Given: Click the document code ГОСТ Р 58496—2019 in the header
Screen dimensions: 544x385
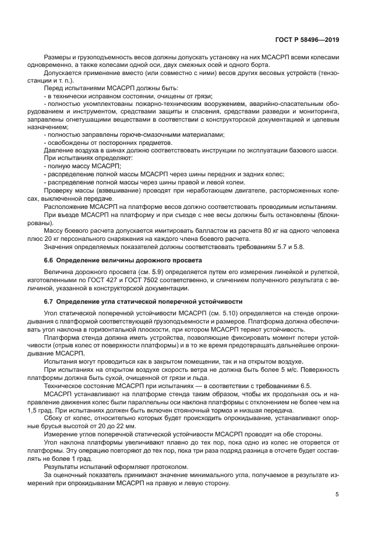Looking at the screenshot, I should (x=307, y=40).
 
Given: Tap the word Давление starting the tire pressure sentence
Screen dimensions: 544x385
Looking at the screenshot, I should (x=59, y=150).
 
